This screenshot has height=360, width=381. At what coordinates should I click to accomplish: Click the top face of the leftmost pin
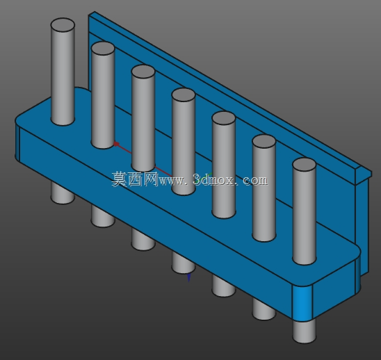click(x=63, y=25)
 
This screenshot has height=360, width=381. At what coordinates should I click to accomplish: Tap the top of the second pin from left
click(x=103, y=48)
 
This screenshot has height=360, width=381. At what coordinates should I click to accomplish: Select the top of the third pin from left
click(x=143, y=72)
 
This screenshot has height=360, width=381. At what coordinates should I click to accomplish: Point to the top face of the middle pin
click(x=184, y=95)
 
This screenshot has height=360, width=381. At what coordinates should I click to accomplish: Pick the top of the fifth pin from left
click(x=224, y=118)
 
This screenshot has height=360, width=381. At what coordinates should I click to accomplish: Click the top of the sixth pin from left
click(x=264, y=141)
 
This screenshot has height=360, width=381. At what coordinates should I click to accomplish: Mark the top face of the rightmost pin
click(x=305, y=165)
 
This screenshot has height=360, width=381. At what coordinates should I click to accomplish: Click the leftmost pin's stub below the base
click(x=63, y=193)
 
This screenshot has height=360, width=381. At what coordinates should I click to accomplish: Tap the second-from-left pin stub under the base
click(x=103, y=216)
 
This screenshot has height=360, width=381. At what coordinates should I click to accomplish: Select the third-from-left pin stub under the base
click(x=143, y=240)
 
